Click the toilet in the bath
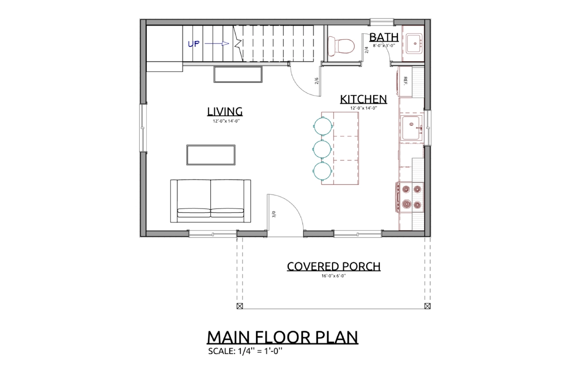[x=341, y=46]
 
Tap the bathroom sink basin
[x=414, y=44]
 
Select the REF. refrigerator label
[x=405, y=81]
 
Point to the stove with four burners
[x=409, y=197]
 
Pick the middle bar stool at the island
[x=322, y=149]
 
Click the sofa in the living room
[x=211, y=201]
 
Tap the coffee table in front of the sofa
[x=211, y=155]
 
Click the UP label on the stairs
[x=194, y=44]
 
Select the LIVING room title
[x=225, y=112]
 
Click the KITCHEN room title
[x=363, y=99]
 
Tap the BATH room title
[x=384, y=37]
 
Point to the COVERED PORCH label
[x=334, y=267]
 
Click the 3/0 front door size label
[x=274, y=214]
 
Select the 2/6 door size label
[x=317, y=81]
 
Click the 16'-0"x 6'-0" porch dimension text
[x=334, y=276]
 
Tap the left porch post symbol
[x=240, y=306]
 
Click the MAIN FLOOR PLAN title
[x=283, y=337]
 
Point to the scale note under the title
[x=245, y=351]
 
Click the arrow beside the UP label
[x=216, y=44]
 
